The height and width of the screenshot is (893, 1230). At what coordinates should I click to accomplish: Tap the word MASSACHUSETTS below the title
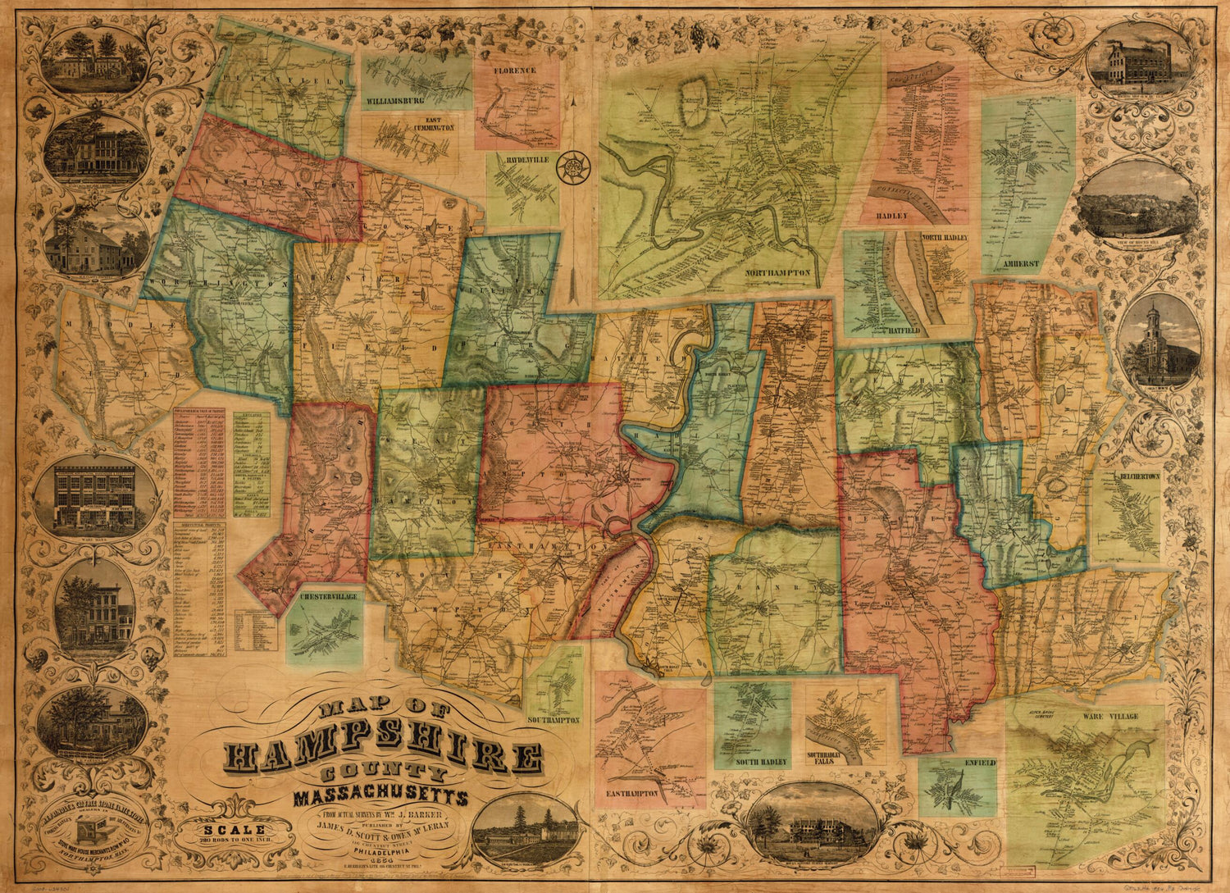(x=380, y=797)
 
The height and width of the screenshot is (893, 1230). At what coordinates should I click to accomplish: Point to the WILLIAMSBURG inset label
(x=395, y=101)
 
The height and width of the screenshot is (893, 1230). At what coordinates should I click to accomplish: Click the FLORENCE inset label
(x=514, y=71)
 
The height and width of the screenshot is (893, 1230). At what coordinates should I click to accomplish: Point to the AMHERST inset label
(x=1021, y=264)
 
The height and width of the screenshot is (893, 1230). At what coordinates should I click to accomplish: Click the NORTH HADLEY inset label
(x=943, y=238)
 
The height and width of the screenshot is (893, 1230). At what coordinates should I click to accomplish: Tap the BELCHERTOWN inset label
(x=1136, y=476)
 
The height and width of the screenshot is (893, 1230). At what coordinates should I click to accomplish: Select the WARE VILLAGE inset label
(x=1110, y=717)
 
